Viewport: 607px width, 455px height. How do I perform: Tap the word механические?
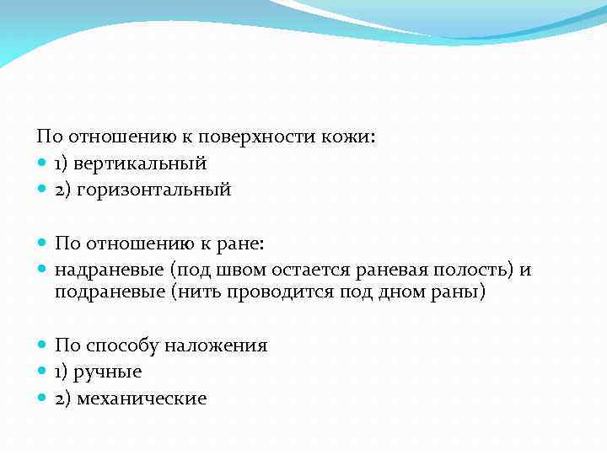[x=142, y=399]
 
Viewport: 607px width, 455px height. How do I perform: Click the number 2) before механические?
[x=63, y=399]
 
